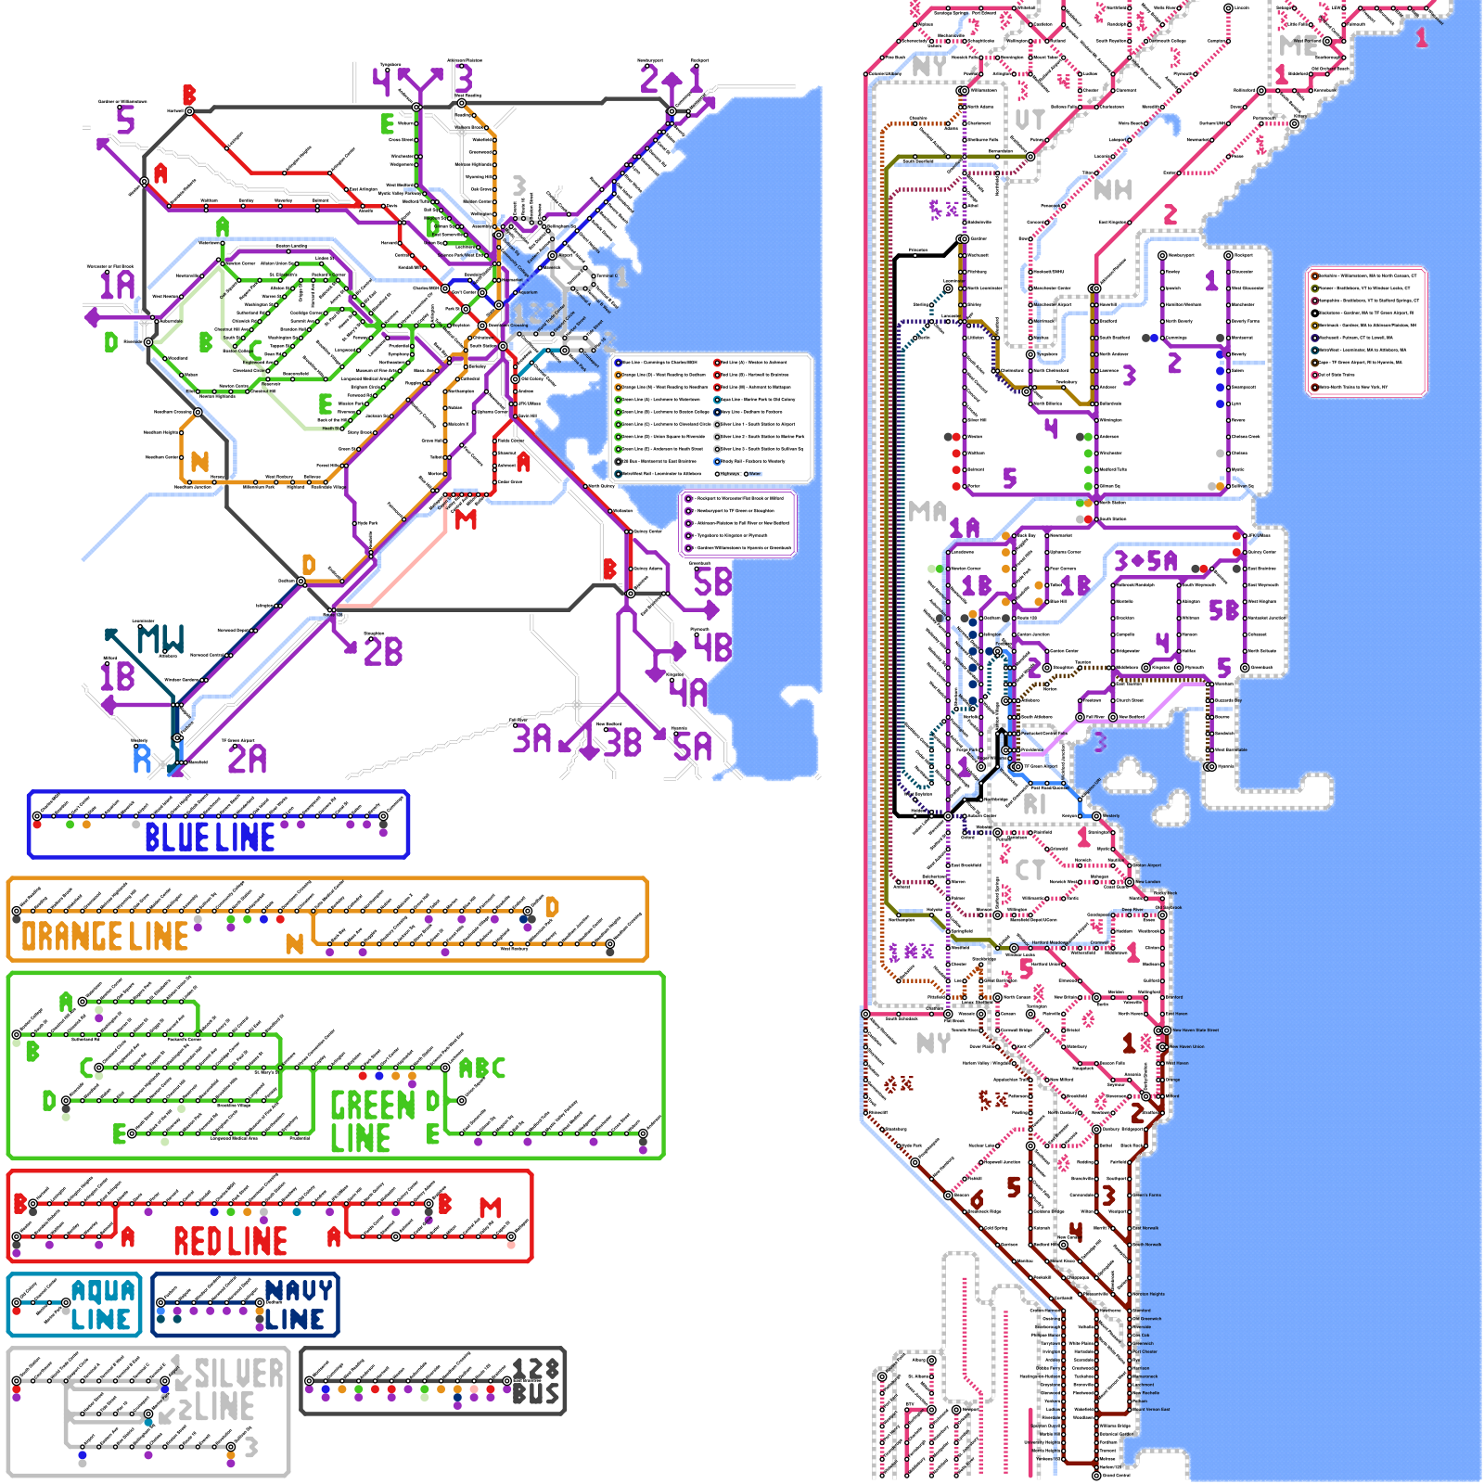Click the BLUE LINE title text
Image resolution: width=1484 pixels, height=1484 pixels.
click(x=210, y=838)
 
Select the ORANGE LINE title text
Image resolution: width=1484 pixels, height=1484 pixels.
click(x=105, y=937)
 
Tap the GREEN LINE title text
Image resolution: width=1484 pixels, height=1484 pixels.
click(x=373, y=1121)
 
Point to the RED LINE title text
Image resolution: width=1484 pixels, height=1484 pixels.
click(x=230, y=1241)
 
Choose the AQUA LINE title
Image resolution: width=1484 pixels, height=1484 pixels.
click(x=102, y=1305)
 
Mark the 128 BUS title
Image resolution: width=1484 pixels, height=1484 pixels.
click(x=536, y=1381)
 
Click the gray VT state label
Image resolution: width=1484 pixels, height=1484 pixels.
click(x=1030, y=120)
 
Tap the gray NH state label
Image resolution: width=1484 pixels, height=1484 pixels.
click(x=1112, y=190)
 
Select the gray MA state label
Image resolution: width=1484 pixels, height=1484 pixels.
click(x=927, y=511)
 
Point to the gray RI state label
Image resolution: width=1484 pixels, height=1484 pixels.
click(x=1034, y=805)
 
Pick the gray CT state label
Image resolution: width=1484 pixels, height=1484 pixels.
click(x=1030, y=870)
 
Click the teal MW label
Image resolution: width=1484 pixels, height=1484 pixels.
click(x=160, y=639)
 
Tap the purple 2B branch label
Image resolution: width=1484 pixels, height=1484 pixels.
click(x=383, y=651)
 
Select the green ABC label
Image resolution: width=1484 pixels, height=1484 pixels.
click(x=482, y=1068)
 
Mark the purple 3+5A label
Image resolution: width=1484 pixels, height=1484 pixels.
click(x=1145, y=561)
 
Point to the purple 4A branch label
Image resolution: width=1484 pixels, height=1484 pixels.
click(x=688, y=692)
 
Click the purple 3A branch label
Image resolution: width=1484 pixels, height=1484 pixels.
click(x=532, y=739)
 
